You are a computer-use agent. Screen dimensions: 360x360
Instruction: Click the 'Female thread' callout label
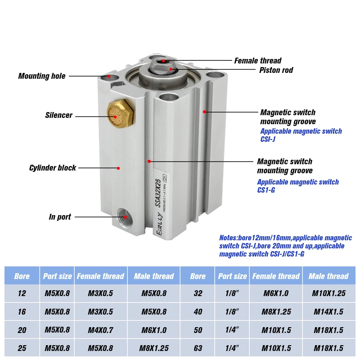(x=258, y=61)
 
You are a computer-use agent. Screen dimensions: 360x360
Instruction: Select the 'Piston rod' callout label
(x=276, y=70)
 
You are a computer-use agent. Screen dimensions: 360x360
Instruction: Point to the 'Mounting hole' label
(x=42, y=76)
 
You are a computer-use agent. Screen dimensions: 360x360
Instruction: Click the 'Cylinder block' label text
(x=53, y=168)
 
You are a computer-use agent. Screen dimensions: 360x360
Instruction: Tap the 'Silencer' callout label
(x=58, y=115)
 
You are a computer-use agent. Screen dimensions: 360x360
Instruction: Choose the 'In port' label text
(x=60, y=217)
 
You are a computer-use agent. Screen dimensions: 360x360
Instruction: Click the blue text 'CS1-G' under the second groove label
(x=266, y=190)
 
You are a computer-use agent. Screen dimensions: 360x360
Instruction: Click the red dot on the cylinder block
(x=118, y=168)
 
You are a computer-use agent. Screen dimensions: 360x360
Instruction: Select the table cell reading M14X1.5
(x=329, y=311)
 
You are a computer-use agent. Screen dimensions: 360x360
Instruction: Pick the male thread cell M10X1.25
(x=329, y=293)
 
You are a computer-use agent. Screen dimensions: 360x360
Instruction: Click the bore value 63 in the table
(x=198, y=348)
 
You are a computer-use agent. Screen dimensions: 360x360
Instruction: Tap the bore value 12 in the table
(x=22, y=293)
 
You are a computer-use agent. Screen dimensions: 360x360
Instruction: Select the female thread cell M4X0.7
(x=100, y=330)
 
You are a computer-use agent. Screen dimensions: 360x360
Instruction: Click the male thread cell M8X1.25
(x=153, y=348)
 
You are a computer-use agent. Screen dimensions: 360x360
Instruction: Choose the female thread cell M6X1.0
(x=276, y=293)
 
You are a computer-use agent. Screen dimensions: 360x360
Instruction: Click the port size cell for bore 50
(x=233, y=330)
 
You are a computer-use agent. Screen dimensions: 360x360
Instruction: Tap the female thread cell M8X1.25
(x=276, y=311)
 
